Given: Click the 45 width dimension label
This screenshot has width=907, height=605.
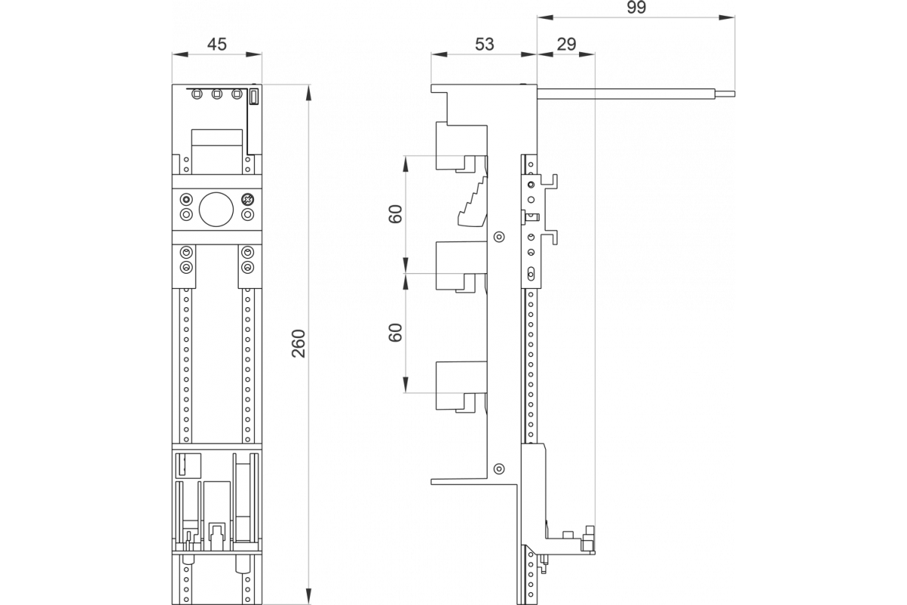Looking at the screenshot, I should point(217,44).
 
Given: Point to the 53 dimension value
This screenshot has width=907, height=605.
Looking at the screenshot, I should point(484,44).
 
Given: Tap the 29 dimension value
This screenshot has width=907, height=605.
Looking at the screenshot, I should point(566,44).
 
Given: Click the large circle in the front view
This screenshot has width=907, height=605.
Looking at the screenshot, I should point(216,208).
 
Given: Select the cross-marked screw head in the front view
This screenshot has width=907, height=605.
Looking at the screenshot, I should point(246,200).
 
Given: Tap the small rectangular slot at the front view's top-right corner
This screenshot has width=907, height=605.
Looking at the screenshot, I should point(255,97).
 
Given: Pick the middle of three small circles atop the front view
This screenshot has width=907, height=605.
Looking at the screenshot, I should point(217,95).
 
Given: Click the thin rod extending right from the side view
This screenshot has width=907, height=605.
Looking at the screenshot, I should point(635,94).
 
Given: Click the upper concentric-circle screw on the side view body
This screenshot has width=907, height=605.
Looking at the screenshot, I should point(497,237).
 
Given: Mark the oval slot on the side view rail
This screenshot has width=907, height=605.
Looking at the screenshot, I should point(531,273).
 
